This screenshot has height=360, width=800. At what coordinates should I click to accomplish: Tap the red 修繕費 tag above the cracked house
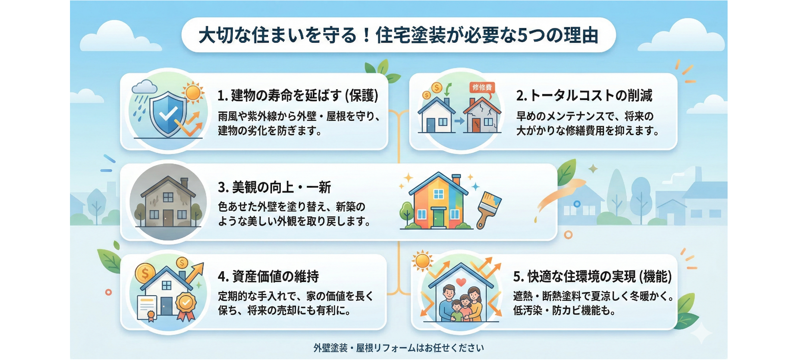coord(482,87)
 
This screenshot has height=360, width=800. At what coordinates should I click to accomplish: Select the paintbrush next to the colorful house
coord(488,209)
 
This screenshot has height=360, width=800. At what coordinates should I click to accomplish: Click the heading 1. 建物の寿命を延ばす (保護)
coord(298,96)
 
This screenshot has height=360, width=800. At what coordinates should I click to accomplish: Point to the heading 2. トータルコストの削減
coord(584,96)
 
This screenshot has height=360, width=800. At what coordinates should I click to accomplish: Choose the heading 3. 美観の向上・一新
coord(274,187)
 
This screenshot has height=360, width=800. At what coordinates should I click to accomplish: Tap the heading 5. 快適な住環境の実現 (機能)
coord(592,276)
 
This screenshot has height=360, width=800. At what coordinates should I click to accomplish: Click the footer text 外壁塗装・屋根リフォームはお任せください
coord(398,348)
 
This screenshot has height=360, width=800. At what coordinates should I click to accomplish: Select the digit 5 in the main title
coord(522,36)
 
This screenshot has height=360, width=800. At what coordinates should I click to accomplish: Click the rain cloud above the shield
coord(144,87)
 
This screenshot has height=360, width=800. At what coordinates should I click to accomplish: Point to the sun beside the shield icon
coord(193,93)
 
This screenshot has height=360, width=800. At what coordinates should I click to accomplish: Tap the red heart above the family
coord(461,282)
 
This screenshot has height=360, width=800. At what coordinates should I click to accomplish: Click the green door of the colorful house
coord(438,218)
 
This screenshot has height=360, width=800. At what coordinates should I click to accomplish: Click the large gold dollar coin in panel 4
coord(145,274)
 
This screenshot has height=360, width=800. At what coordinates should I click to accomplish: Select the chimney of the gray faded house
coord(184,183)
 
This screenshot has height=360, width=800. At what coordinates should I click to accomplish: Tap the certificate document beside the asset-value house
coord(147,308)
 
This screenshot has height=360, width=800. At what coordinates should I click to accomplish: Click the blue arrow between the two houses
coord(459,120)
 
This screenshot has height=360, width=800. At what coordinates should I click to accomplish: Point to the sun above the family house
coord(422,261)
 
